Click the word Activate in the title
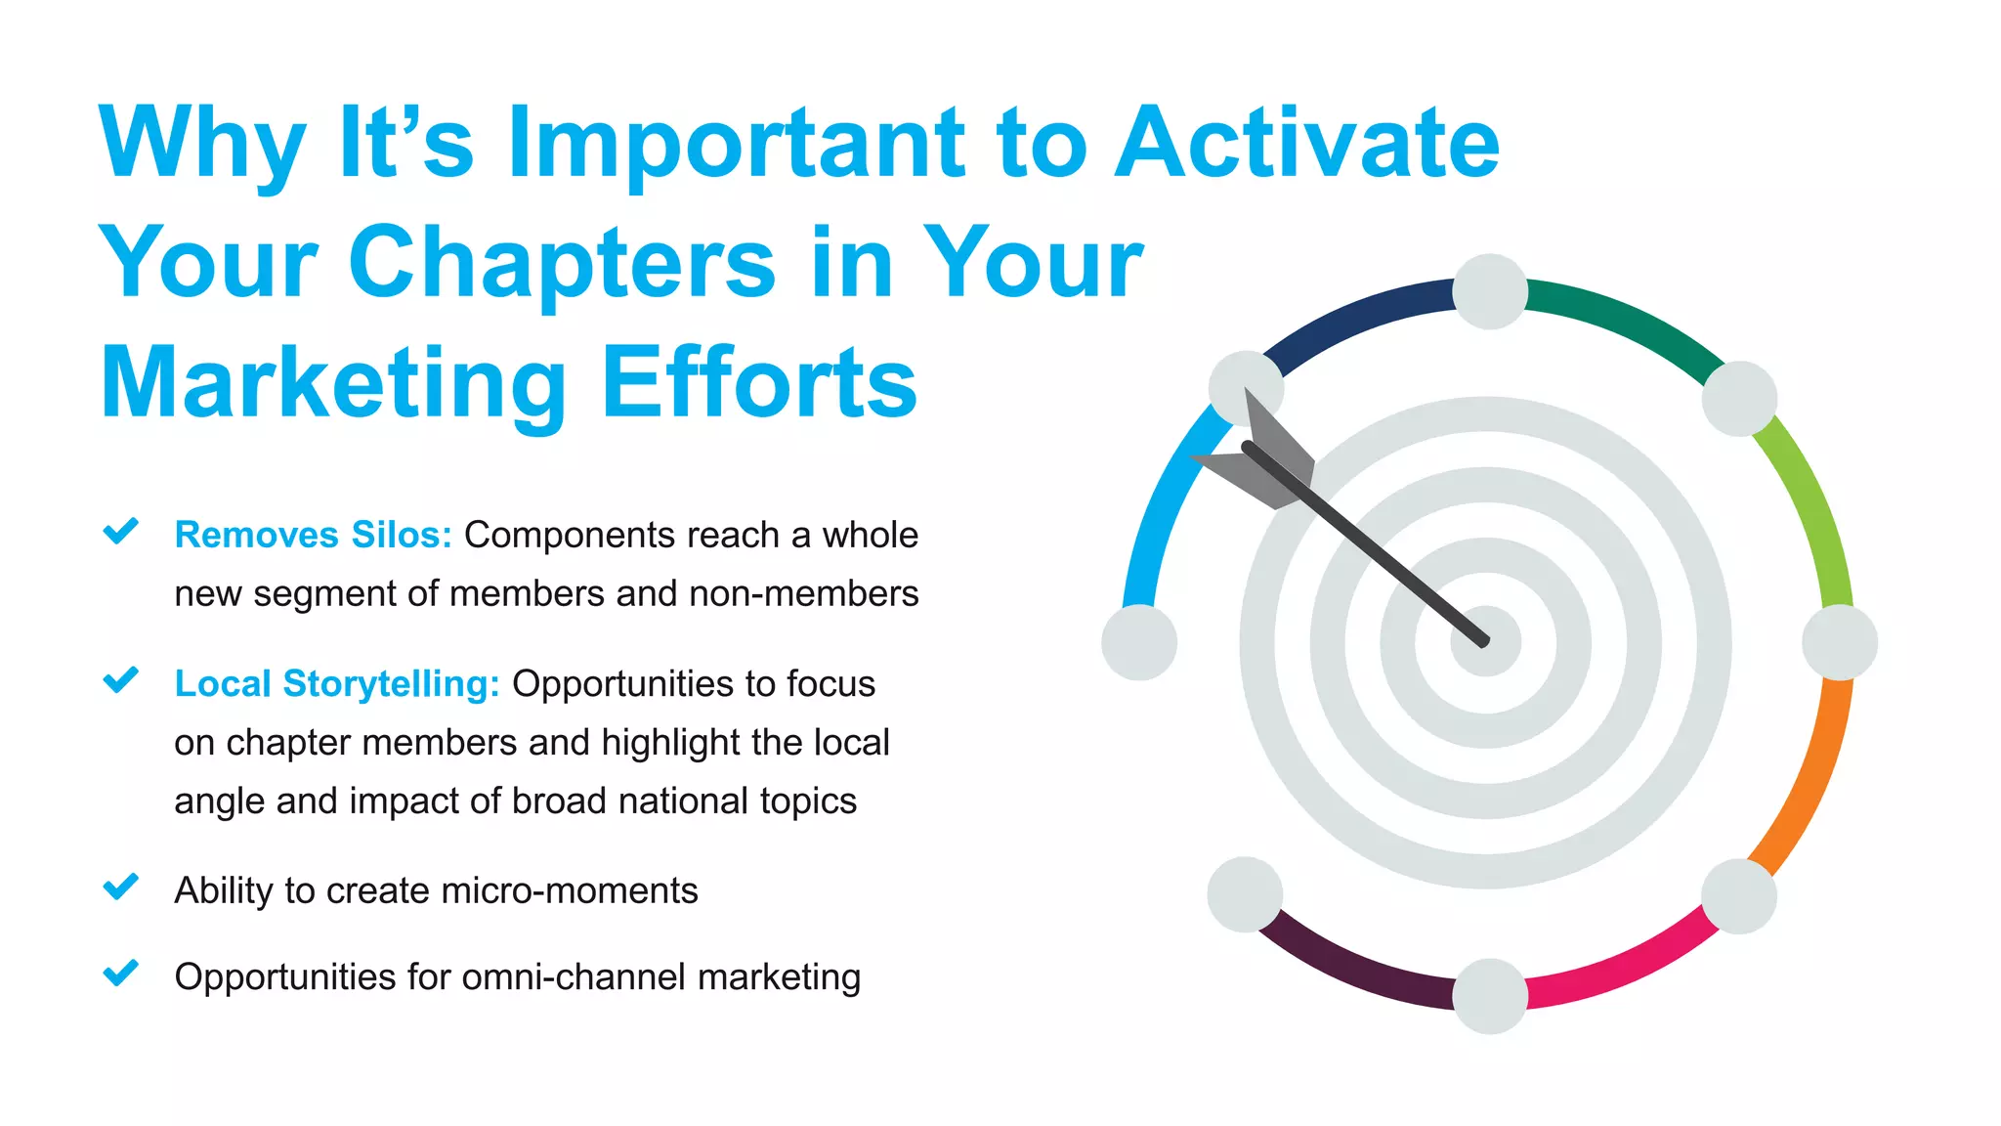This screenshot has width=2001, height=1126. pos(1306,144)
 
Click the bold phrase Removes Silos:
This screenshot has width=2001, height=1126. pos(313,535)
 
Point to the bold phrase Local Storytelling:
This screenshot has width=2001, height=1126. pos(336,683)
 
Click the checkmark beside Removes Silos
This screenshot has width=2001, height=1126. pos(121,531)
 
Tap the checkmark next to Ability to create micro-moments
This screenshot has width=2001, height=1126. pos(121,887)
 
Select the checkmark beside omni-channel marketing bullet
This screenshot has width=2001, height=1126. pos(121,973)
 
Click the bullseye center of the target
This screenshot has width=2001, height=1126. pos(1485,642)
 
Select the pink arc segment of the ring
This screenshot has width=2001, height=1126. pos(1622,968)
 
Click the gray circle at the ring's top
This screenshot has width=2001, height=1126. pos(1489,291)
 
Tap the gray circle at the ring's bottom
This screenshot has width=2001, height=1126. pos(1489,995)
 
